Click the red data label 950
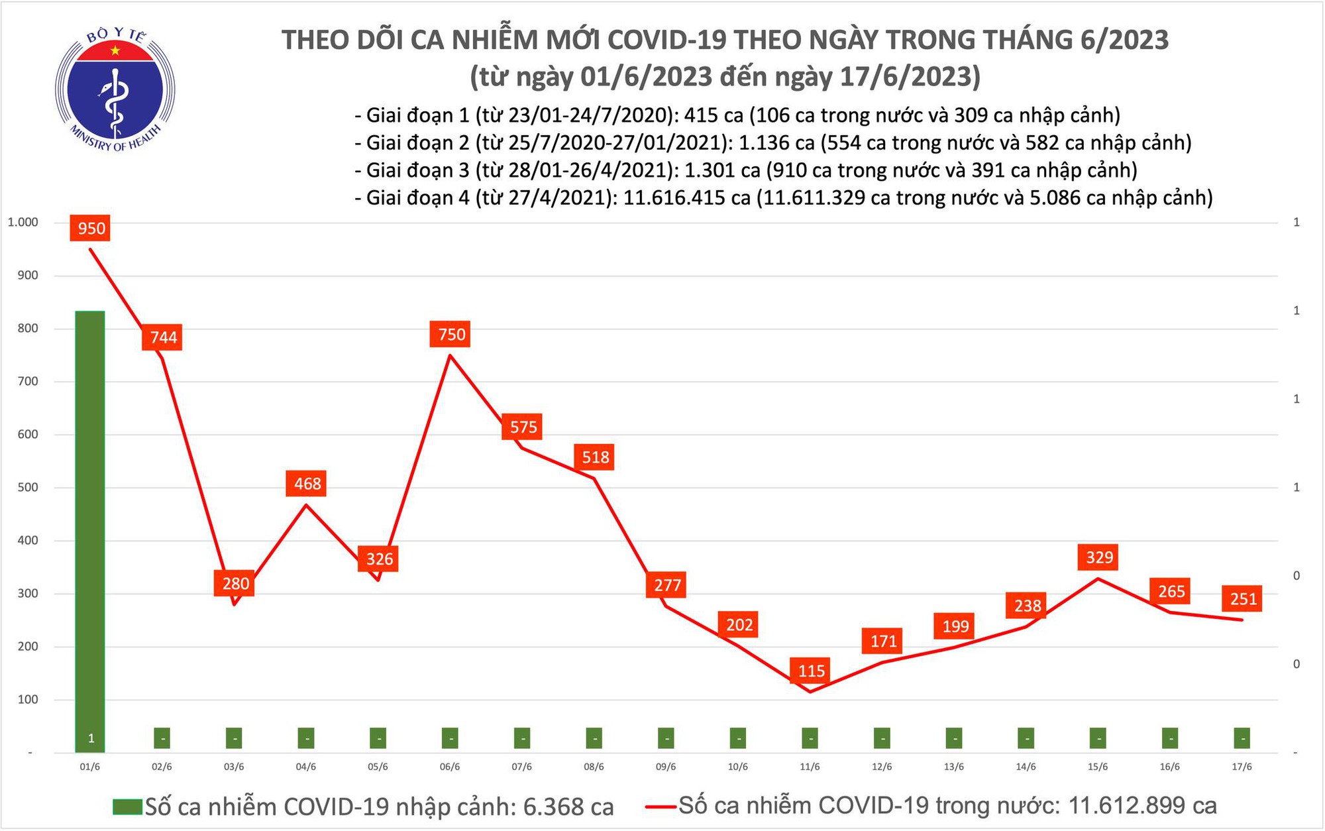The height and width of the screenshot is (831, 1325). click(x=91, y=229)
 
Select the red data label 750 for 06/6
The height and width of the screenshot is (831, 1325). click(x=451, y=334)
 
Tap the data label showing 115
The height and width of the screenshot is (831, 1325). click(x=811, y=671)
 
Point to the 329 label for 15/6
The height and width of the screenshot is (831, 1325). click(x=1099, y=557)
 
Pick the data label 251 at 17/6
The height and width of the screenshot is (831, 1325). click(x=1243, y=599)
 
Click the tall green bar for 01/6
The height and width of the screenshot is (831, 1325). click(x=90, y=530)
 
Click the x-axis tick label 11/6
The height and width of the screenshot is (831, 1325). click(x=810, y=767)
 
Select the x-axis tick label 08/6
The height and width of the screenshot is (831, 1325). click(x=594, y=767)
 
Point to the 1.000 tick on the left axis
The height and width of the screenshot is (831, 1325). click(x=23, y=222)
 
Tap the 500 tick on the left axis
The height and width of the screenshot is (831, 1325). click(x=28, y=488)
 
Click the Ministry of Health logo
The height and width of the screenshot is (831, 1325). click(x=115, y=89)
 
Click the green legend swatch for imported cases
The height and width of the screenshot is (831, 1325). click(x=127, y=806)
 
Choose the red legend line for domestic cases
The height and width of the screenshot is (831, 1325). click(x=661, y=806)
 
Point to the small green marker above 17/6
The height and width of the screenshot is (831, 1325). click(x=1242, y=738)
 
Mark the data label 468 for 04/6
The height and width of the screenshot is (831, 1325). click(x=307, y=484)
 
